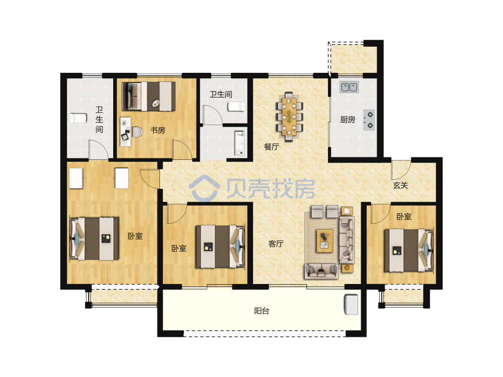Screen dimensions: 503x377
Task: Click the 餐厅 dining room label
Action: pos(272,147)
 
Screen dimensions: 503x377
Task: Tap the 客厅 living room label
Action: pos(276,244)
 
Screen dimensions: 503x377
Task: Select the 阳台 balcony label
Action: pos(262,311)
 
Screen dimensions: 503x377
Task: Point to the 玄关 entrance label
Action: pos(400,185)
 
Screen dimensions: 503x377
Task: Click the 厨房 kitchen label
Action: pos(348,120)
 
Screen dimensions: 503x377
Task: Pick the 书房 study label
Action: pos(157,130)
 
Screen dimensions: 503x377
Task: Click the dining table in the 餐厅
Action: pos(289,117)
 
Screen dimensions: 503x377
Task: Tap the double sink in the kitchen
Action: pos(349,86)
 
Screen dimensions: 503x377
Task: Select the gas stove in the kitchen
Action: pos(369,120)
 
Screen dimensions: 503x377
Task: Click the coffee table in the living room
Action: pos(325,241)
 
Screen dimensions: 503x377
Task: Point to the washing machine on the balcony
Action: pos(351,305)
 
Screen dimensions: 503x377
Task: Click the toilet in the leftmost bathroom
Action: pos(78,118)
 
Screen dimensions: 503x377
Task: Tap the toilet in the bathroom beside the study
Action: pos(236,107)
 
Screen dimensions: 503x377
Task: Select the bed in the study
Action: pos(148,97)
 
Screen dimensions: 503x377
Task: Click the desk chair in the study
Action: pos(137,132)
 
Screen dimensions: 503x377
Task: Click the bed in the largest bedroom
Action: pos(95,238)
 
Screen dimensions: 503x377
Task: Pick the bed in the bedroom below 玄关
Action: pos(409,250)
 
